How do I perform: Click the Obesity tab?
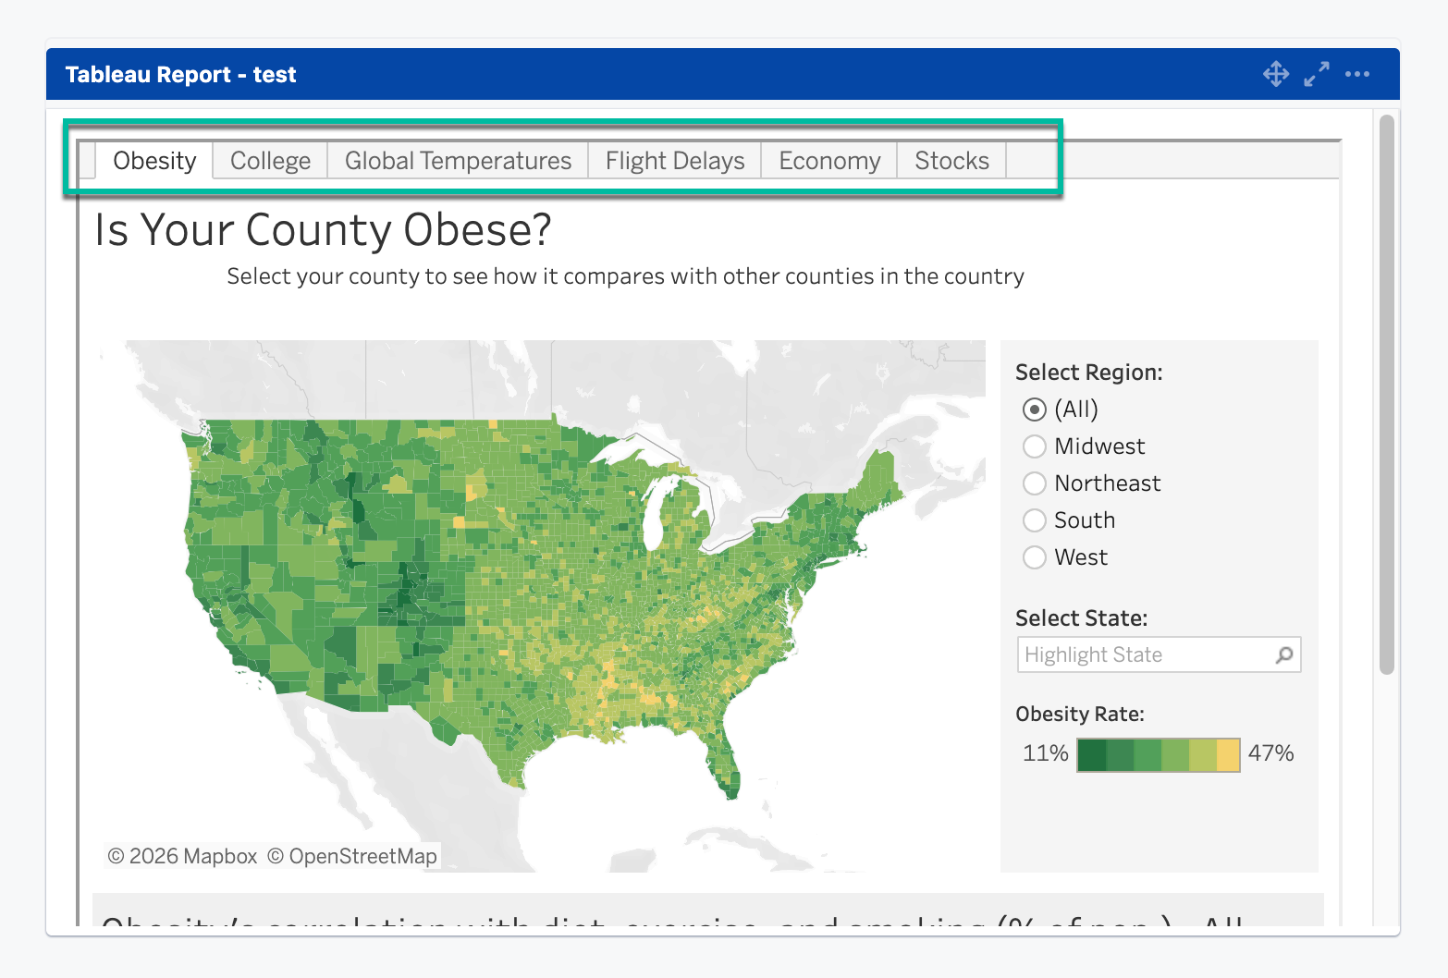coord(154,161)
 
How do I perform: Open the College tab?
coord(270,161)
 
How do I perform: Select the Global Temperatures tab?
coord(458,161)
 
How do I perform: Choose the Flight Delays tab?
coord(675,161)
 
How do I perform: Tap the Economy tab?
coord(829,161)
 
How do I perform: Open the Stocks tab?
coord(951,161)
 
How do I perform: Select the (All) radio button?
coord(1035,410)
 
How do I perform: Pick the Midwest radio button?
coord(1035,446)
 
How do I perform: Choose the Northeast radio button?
coord(1035,483)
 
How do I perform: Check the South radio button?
coord(1035,520)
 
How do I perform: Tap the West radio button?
coord(1035,557)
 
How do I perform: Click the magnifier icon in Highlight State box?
coord(1284,654)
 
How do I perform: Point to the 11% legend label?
coord(1045,753)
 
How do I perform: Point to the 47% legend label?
coord(1270,753)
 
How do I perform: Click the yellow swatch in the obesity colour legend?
coord(1228,755)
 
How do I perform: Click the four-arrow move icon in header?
coord(1276,74)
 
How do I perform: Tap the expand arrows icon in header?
coord(1317,74)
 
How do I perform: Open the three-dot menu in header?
coord(1357,74)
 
